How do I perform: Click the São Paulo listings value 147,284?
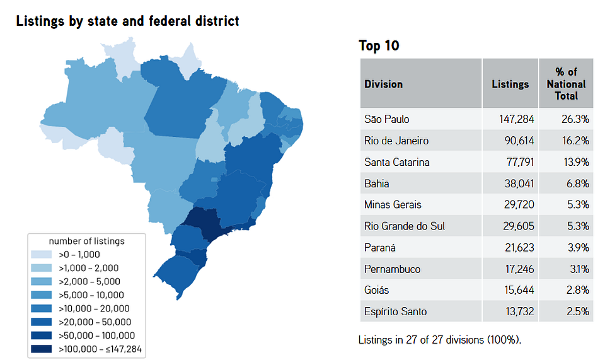click(516, 119)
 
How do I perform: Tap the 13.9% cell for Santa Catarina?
click(576, 162)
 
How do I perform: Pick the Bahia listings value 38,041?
click(519, 183)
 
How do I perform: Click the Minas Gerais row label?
click(393, 205)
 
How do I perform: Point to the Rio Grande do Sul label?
click(405, 226)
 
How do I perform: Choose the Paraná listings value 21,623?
click(519, 248)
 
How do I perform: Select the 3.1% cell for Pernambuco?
click(580, 269)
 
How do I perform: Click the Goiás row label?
click(376, 290)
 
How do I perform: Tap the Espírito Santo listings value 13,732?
click(520, 311)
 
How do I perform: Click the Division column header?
click(383, 84)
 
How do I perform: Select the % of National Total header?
click(566, 84)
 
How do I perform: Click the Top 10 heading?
click(379, 45)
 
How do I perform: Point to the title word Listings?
click(40, 21)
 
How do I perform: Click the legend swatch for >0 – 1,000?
click(42, 255)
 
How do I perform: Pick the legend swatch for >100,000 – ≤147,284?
click(42, 349)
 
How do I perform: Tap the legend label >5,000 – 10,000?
click(91, 295)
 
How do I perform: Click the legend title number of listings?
click(87, 241)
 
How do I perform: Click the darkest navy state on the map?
click(204, 224)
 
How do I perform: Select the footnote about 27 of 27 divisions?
click(439, 340)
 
